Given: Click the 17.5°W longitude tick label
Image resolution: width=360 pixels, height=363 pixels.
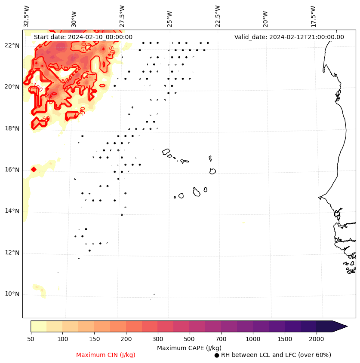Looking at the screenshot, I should click(314, 16).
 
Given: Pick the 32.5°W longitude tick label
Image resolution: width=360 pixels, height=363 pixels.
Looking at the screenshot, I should click(27, 16).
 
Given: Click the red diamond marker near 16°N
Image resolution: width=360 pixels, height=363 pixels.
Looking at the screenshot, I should click(34, 169).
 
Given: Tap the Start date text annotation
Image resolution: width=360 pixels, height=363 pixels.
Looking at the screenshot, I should click(83, 37).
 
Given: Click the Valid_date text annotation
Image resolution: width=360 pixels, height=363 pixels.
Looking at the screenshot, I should click(289, 37).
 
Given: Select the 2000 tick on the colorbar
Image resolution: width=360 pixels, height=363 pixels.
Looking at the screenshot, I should click(317, 339).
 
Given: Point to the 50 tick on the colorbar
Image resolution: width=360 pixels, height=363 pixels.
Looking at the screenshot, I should click(31, 339).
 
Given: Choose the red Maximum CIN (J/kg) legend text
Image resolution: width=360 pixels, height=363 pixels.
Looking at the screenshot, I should click(106, 355).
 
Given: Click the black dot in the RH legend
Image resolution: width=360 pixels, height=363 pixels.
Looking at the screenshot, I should click(217, 355).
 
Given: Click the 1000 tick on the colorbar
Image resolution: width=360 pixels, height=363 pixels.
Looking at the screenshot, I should click(253, 339).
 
